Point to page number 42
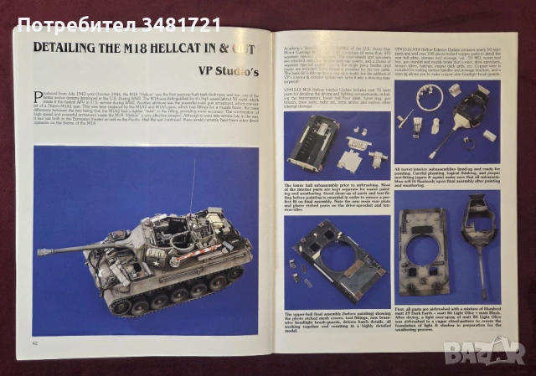[36, 342]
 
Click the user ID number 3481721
[179, 23]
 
